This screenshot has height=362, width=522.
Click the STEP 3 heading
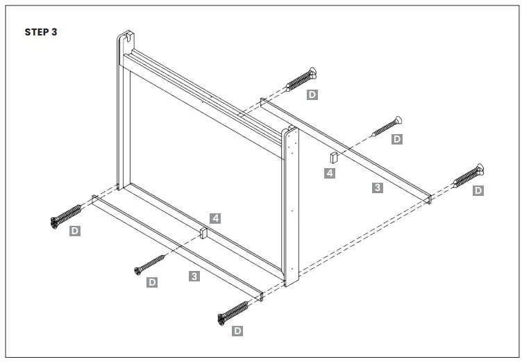(41, 32)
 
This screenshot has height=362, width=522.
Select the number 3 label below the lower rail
(194, 277)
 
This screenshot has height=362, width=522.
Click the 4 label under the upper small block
(330, 173)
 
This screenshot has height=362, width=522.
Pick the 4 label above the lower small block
(216, 218)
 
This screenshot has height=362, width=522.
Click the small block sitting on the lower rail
(203, 232)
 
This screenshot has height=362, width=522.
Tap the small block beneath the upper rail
(333, 158)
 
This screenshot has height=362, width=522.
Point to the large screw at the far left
(66, 215)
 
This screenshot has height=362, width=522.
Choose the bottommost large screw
(234, 312)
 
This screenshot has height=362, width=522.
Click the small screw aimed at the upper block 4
(388, 126)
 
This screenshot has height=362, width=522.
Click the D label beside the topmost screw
(312, 94)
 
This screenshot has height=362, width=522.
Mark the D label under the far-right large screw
(478, 190)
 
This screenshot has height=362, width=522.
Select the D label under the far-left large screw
(75, 230)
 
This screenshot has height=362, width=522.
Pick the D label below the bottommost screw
(237, 331)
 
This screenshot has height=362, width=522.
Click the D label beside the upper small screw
(397, 139)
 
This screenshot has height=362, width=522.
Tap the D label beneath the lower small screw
(152, 282)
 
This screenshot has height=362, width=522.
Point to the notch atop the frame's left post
(125, 38)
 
